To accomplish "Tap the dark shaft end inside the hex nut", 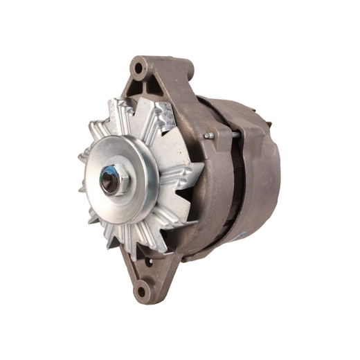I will click(110, 181).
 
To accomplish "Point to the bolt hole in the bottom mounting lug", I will click(142, 291).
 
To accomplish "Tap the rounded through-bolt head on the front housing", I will click(206, 136).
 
